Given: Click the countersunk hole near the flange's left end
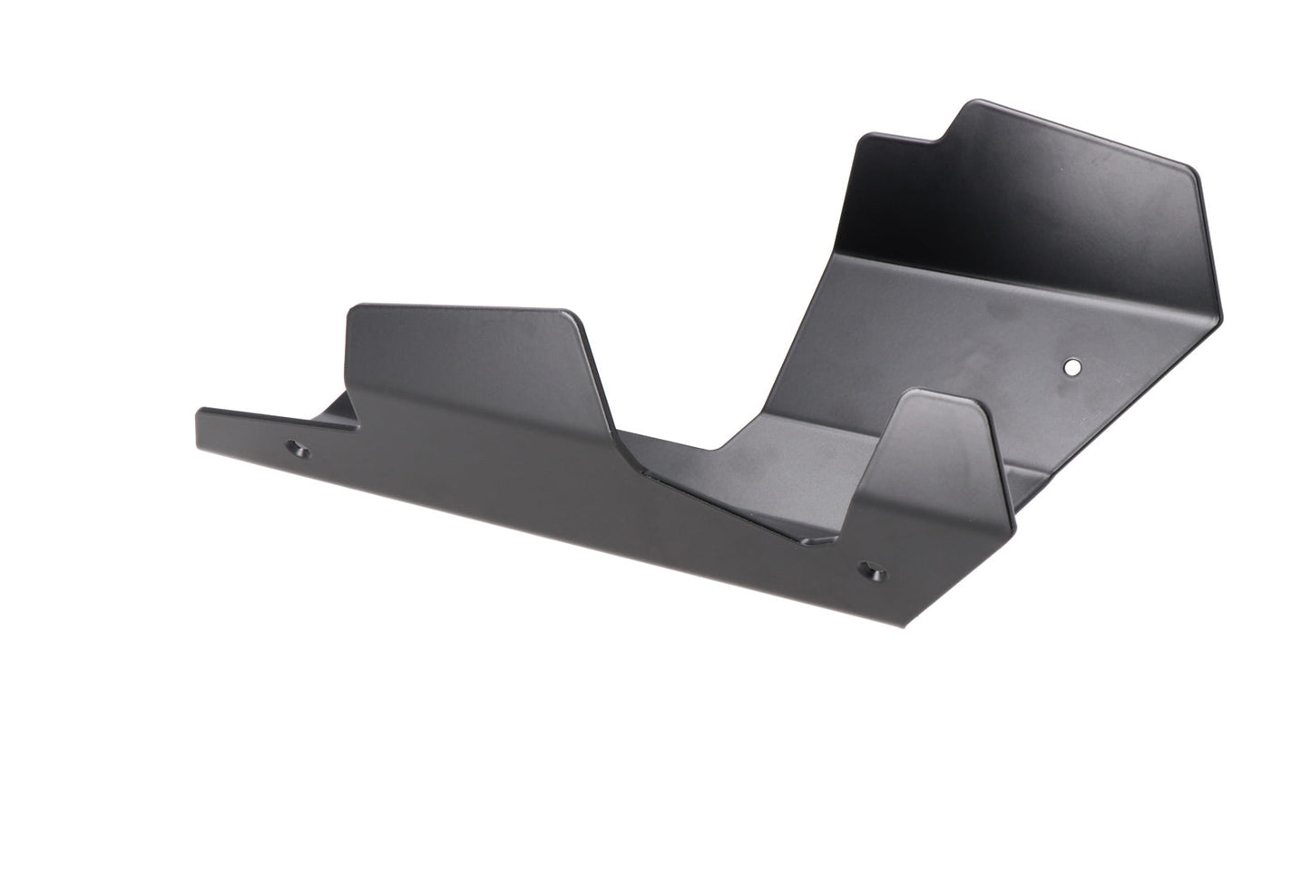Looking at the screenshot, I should coord(298,448).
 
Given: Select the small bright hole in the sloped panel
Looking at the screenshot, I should coord(1072,367).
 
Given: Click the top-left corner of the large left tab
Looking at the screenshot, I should coord(352,309).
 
